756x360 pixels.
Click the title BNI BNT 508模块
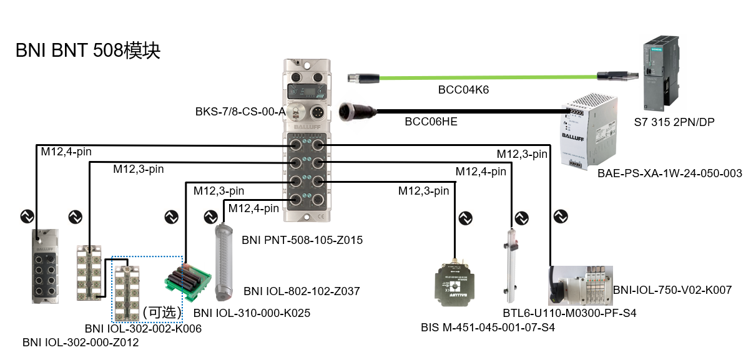tap(88, 51)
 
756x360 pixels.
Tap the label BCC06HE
tap(431, 122)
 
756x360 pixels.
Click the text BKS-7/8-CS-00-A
tap(240, 112)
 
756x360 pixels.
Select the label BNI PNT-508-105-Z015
tap(302, 240)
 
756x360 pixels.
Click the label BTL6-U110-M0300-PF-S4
tap(569, 313)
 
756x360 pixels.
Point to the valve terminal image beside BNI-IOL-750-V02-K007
tap(580, 285)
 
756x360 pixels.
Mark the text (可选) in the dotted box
tap(161, 312)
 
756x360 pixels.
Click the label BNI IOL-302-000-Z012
tap(81, 343)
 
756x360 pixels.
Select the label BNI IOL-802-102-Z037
tap(302, 291)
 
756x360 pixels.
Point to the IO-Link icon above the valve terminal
tap(560, 216)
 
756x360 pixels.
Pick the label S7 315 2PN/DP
tap(674, 122)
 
